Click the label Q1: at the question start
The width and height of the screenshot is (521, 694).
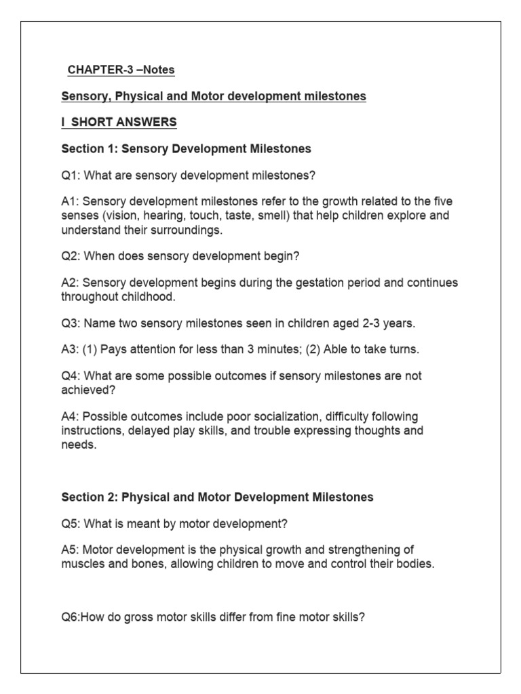73,176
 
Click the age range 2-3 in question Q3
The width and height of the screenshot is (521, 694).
365,323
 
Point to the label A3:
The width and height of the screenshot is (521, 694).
73,349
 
